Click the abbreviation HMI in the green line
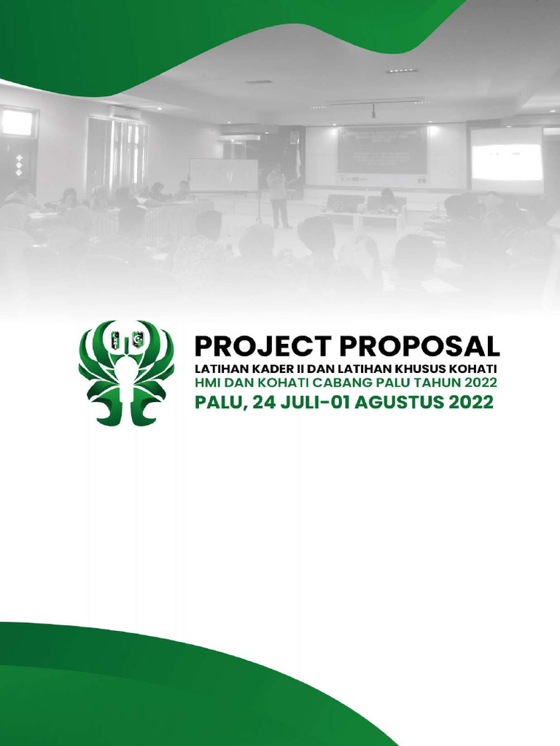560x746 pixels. (206, 383)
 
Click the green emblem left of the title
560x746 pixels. (126, 373)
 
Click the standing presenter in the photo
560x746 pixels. (277, 195)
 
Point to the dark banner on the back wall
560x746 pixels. (381, 151)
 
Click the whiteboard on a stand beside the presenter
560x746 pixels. (223, 176)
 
